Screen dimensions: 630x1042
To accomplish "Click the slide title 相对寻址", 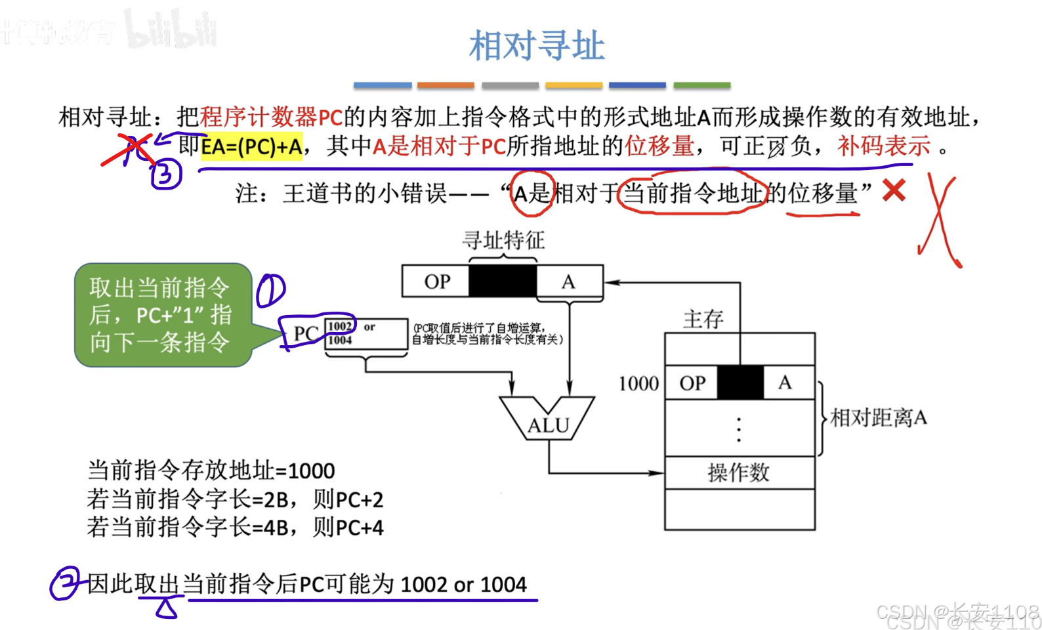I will (537, 46).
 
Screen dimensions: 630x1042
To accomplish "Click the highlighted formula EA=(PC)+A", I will (251, 146).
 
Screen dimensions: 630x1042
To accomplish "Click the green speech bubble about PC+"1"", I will (161, 315).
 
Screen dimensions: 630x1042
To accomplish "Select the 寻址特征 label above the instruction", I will (503, 240).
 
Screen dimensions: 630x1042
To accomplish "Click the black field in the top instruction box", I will (503, 282).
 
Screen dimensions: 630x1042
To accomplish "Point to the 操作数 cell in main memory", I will (739, 472).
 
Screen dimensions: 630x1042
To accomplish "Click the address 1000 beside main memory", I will (638, 383).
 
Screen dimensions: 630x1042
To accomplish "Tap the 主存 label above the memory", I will (703, 320).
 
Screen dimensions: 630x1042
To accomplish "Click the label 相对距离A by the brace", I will (879, 417).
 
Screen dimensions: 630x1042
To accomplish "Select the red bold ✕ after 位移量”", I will (894, 191).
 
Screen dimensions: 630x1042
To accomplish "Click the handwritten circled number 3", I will (165, 175).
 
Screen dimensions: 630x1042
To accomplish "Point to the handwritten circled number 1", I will (270, 291).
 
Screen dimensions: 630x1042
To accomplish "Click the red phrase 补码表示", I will (883, 146).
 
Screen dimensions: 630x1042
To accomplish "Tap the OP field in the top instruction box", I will (437, 282).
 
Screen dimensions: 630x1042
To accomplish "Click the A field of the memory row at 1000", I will (785, 383).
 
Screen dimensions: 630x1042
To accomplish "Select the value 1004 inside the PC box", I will (340, 340).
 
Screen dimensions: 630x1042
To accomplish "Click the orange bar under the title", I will (446, 85).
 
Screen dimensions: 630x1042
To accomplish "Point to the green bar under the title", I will (701, 85).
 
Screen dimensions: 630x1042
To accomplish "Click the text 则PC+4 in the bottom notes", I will (348, 528).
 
